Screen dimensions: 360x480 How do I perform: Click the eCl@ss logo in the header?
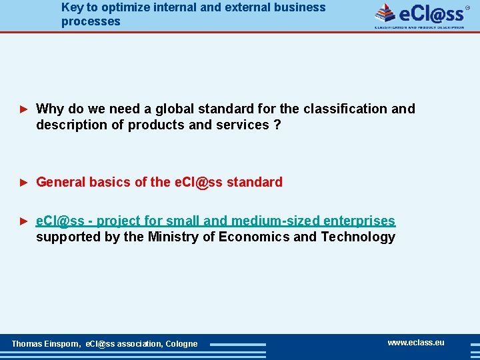tap(420, 15)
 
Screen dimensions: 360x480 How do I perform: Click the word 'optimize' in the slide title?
tap(127, 7)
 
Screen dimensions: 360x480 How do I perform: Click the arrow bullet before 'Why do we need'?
tap(23, 109)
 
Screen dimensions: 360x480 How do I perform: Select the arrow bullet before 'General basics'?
tap(23, 182)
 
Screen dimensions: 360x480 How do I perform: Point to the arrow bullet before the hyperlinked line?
tap(23, 221)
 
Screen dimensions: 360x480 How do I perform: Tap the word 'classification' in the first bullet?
tap(344, 109)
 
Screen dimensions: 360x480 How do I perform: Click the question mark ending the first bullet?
tap(277, 125)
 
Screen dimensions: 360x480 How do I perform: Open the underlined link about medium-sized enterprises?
tap(215, 221)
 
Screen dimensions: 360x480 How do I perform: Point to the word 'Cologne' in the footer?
tap(181, 344)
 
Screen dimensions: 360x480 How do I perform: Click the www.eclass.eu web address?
tap(415, 343)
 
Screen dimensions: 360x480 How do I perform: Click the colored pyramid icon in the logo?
tap(385, 13)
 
